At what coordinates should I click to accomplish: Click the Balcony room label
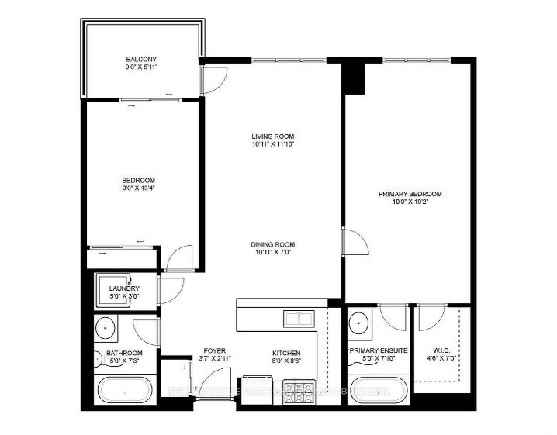(x=142, y=59)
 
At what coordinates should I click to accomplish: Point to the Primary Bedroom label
(x=410, y=194)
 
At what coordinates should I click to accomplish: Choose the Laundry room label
(x=124, y=289)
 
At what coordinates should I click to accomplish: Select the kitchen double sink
(x=298, y=319)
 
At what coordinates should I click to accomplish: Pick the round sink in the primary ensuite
(x=358, y=321)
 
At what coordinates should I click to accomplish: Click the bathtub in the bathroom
(x=124, y=390)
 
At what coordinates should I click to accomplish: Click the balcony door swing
(x=213, y=78)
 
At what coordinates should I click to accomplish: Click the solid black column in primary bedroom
(x=355, y=78)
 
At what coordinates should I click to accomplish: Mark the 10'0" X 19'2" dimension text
(x=410, y=202)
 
